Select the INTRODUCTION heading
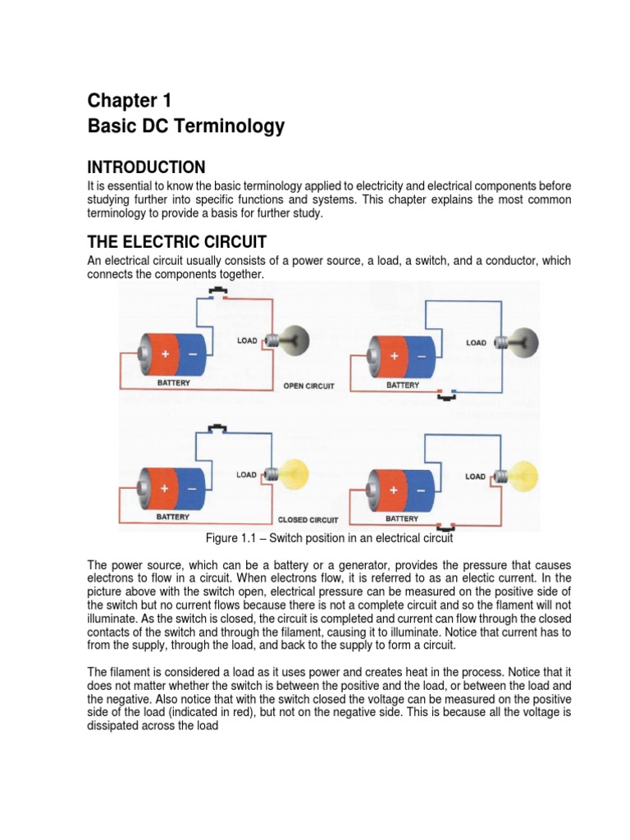146,167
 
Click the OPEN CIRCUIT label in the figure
308,386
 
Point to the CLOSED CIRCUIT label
308,519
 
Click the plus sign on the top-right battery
395,357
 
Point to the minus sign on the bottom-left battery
194,490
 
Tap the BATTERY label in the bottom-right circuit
402,518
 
